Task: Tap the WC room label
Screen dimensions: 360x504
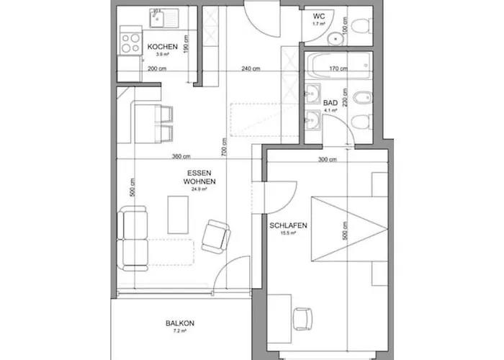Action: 319,17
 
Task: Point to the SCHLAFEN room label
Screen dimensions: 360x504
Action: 289,225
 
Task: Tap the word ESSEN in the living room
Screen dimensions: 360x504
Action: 199,174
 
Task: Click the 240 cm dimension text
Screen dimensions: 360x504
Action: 251,69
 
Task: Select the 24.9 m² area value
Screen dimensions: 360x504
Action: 199,190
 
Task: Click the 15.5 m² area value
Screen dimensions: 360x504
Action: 289,234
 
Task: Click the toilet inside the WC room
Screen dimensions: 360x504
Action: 362,23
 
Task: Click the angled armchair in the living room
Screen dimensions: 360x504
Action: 215,236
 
